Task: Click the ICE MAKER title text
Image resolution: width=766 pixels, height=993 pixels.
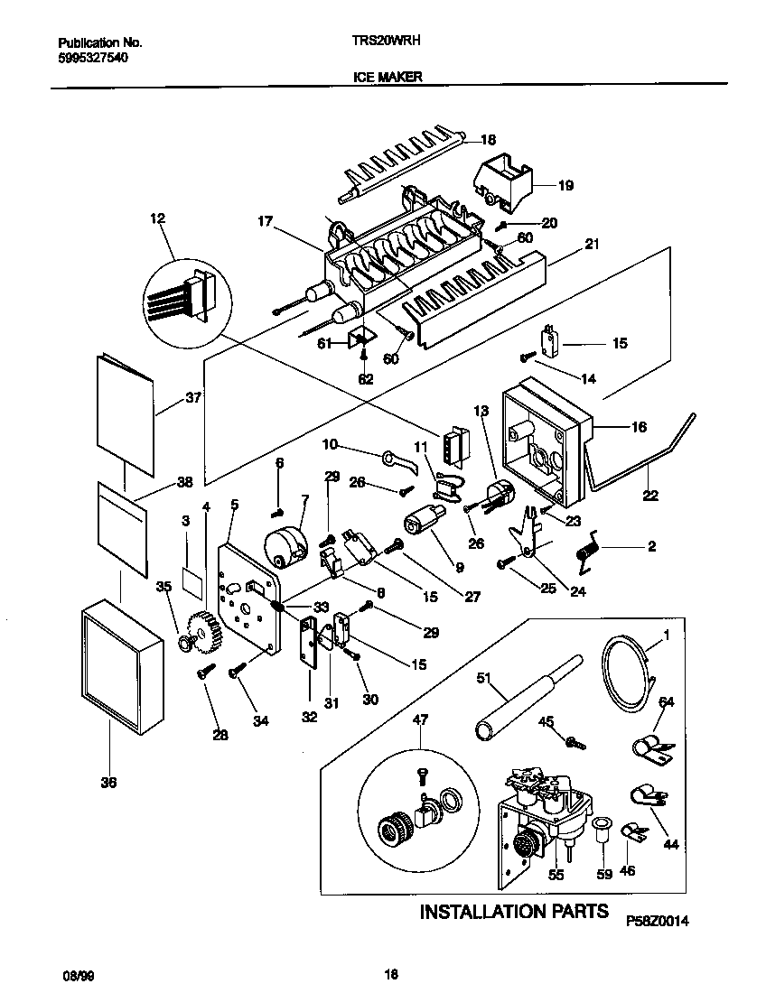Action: [387, 78]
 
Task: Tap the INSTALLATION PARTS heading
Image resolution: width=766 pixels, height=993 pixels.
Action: [514, 911]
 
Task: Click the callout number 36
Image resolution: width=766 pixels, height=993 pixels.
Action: [108, 783]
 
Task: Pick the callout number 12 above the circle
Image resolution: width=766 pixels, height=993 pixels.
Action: [158, 218]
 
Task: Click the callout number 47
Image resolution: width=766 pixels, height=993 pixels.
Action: [419, 719]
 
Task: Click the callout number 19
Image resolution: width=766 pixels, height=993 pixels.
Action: [565, 187]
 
